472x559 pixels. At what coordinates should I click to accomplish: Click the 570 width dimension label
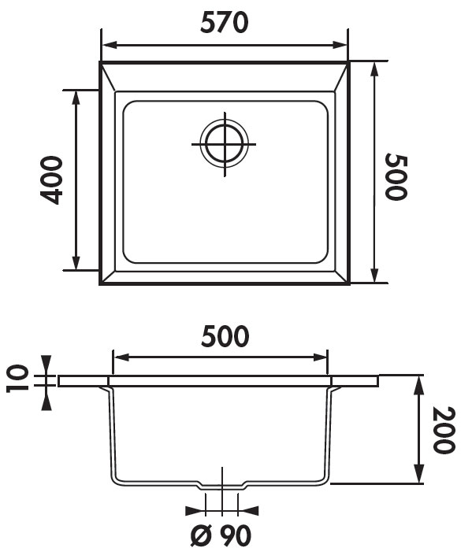pyautogui.click(x=224, y=23)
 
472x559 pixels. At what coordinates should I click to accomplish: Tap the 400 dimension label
pyautogui.click(x=51, y=180)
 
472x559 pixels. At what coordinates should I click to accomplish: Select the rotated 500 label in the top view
pyautogui.click(x=396, y=176)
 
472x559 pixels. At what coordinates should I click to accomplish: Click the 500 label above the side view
pyautogui.click(x=225, y=336)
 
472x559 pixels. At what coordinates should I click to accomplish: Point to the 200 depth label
pyautogui.click(x=444, y=430)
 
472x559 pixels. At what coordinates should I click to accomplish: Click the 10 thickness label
pyautogui.click(x=17, y=378)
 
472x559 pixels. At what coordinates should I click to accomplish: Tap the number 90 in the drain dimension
pyautogui.click(x=235, y=535)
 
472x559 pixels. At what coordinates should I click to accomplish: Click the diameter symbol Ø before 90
pyautogui.click(x=202, y=535)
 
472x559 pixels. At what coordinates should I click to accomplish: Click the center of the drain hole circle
pyautogui.click(x=225, y=144)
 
